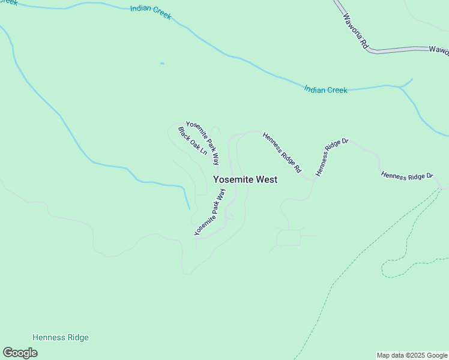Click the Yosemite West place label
pyautogui.click(x=245, y=179)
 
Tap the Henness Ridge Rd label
pyautogui.click(x=282, y=153)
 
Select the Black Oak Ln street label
pyautogui.click(x=192, y=142)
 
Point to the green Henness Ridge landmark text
pyautogui.click(x=60, y=337)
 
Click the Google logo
pyautogui.click(x=20, y=353)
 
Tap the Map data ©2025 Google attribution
pyautogui.click(x=412, y=355)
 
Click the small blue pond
pyautogui.click(x=162, y=63)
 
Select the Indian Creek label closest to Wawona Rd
pyautogui.click(x=325, y=90)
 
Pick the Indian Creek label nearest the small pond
pyautogui.click(x=151, y=12)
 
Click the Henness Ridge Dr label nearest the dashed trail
pyautogui.click(x=407, y=175)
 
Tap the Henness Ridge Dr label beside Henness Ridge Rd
pyautogui.click(x=332, y=157)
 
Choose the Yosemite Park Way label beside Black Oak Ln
pyautogui.click(x=203, y=143)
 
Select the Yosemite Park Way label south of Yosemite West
pyautogui.click(x=210, y=212)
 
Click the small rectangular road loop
pyautogui.click(x=289, y=238)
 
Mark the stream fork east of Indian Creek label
pyautogui.click(x=400, y=86)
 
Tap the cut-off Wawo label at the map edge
pyautogui.click(x=438, y=50)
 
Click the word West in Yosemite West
pyautogui.click(x=267, y=179)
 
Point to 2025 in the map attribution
pyautogui.click(x=415, y=355)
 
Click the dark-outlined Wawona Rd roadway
pyautogui.click(x=396, y=49)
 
